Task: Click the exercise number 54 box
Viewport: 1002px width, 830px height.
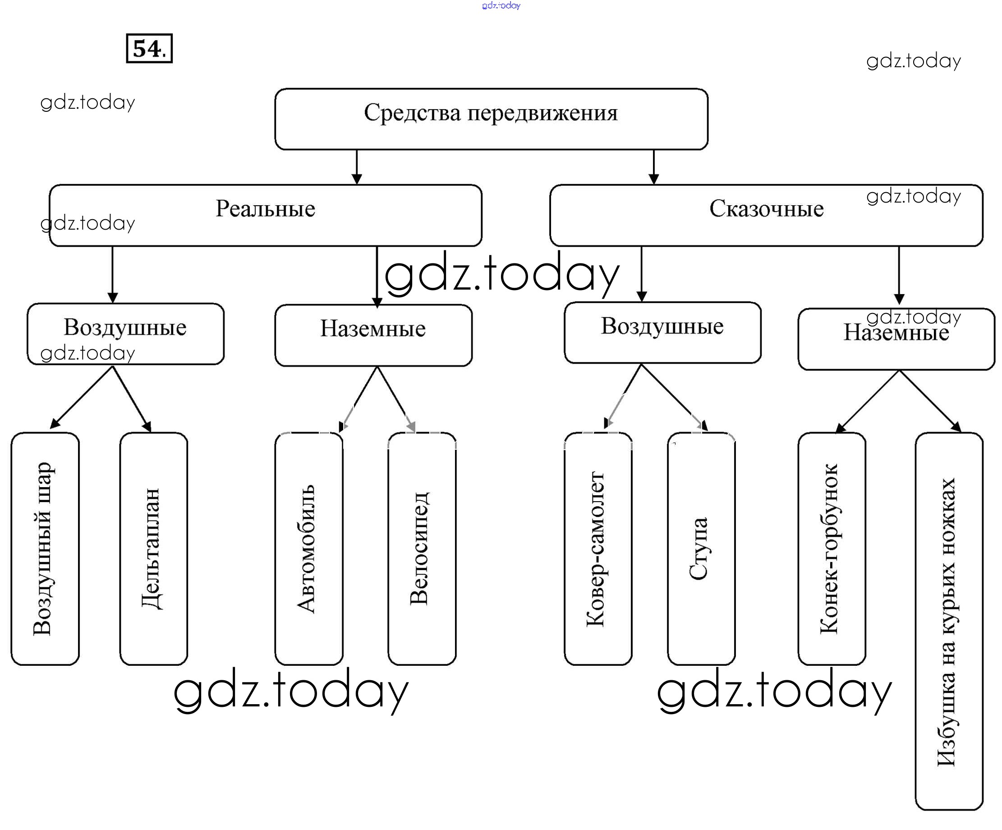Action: (x=149, y=48)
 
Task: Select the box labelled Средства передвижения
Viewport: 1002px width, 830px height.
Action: (x=491, y=119)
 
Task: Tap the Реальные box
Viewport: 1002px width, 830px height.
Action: (x=265, y=215)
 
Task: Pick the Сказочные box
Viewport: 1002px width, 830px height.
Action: (x=766, y=215)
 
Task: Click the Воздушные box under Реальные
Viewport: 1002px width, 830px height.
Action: (x=125, y=334)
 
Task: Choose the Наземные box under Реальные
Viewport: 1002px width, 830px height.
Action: (x=373, y=335)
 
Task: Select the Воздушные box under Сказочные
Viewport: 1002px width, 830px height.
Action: (x=662, y=332)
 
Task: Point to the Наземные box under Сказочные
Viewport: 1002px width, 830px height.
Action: (x=896, y=339)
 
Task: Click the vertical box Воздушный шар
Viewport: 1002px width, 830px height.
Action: (x=45, y=549)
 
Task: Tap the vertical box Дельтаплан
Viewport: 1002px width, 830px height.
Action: (x=153, y=549)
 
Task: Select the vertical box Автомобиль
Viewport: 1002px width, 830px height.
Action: (x=309, y=549)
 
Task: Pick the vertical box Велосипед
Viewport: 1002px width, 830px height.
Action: (x=422, y=549)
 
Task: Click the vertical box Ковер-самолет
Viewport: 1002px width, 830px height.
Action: (x=598, y=549)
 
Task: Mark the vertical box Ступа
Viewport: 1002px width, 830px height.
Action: (x=701, y=549)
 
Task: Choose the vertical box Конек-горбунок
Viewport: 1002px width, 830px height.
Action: (x=832, y=549)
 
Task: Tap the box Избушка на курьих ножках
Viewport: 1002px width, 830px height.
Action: (x=948, y=621)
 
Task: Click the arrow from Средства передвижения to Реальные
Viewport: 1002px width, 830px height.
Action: (x=356, y=167)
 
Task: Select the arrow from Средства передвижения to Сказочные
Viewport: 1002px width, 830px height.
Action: (x=654, y=167)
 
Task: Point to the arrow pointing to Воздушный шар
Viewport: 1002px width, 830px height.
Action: (x=81, y=397)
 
